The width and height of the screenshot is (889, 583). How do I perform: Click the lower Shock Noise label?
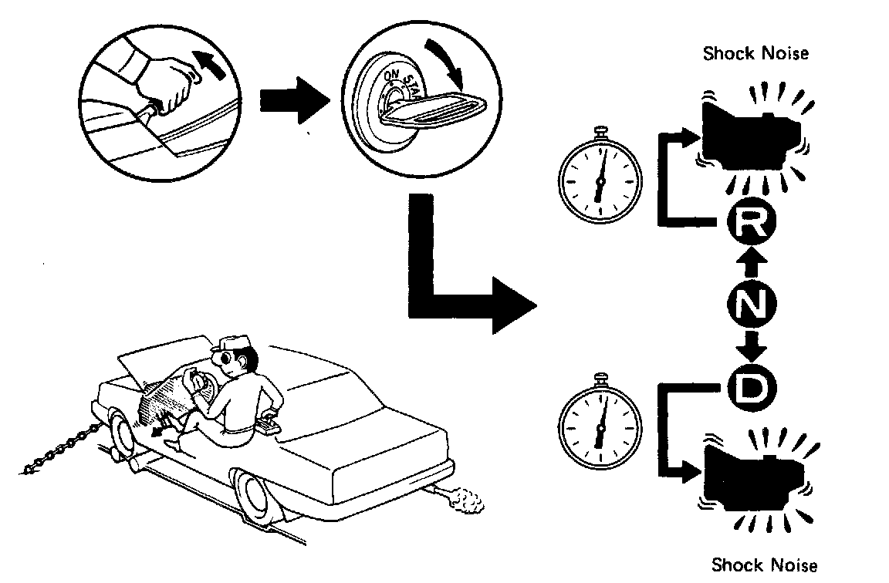(763, 566)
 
